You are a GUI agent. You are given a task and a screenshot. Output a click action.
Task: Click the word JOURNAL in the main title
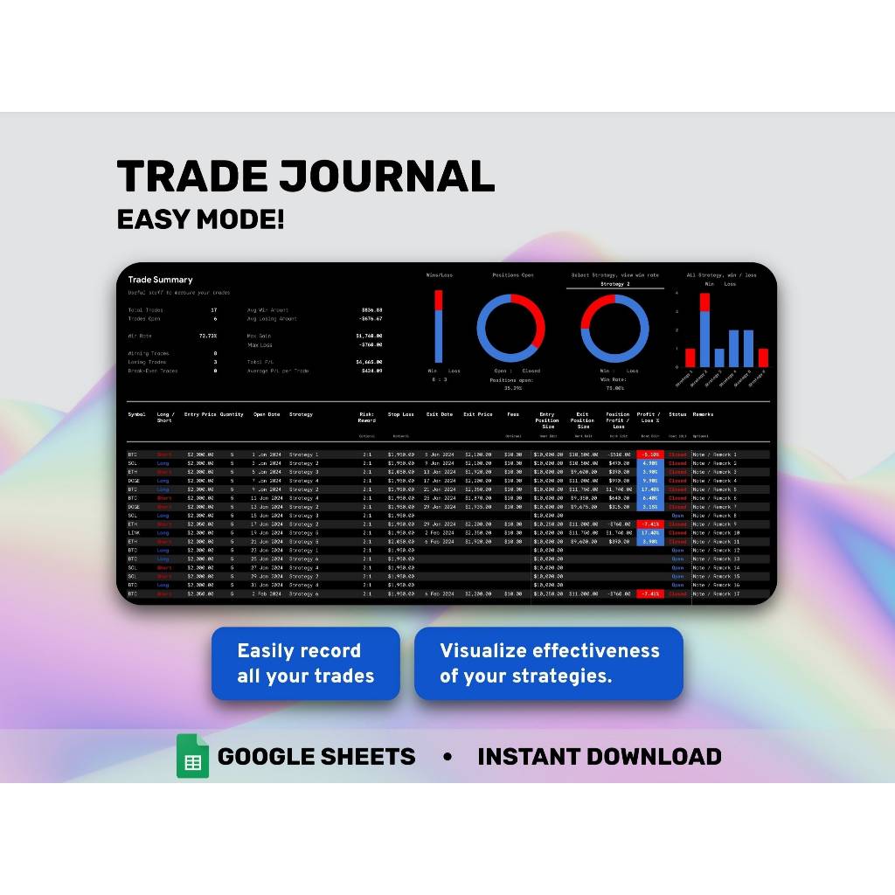[x=386, y=177]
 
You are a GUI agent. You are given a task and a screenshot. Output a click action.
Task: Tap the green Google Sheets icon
[x=192, y=756]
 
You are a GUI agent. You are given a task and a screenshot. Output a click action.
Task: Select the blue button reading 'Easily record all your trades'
[x=305, y=663]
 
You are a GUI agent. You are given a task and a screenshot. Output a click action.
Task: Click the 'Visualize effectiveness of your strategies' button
[x=549, y=663]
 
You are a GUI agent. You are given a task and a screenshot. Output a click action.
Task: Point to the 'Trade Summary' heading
[x=160, y=280]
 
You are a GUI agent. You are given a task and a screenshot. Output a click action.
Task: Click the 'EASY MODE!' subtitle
[x=200, y=219]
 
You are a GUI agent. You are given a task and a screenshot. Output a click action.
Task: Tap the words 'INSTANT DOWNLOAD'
[x=599, y=757]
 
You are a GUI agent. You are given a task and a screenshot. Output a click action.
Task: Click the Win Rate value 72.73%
[x=208, y=336]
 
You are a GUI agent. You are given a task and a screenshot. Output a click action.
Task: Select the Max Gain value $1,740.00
[x=369, y=336]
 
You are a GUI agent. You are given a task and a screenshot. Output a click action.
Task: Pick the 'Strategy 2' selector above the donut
[x=614, y=284]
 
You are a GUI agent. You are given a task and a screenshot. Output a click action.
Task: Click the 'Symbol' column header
[x=136, y=414]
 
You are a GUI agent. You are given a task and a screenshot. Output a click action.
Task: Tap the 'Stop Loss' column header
[x=401, y=414]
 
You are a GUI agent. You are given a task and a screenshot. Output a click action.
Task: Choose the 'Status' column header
[x=677, y=414]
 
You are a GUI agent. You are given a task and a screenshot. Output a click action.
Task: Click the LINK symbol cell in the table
[x=134, y=533]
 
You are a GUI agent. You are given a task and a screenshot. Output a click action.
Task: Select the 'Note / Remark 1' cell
[x=715, y=454]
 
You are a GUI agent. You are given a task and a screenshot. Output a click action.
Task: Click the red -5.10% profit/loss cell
[x=649, y=454]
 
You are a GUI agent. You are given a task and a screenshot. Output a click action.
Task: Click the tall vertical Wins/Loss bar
[x=438, y=327]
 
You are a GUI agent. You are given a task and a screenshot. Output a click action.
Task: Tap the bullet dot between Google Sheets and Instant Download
[x=447, y=757]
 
